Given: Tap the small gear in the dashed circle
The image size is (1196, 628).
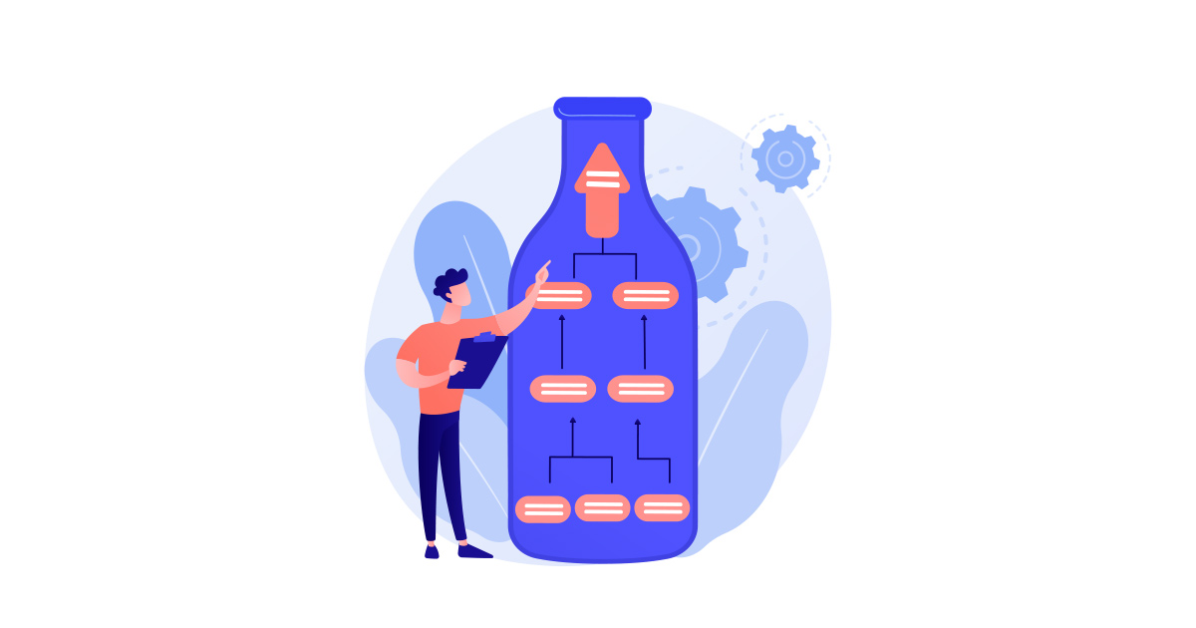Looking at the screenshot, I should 785,158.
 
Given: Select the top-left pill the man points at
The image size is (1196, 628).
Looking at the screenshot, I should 559,295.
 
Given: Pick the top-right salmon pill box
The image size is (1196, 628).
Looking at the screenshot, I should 645,295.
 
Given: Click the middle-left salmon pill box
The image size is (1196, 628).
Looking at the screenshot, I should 562,388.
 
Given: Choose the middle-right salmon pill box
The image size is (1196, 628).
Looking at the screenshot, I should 641,388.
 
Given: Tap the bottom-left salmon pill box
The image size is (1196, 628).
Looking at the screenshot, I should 543,509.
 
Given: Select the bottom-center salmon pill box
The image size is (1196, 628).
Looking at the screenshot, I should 603,507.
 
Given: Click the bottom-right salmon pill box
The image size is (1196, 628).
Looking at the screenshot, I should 662,507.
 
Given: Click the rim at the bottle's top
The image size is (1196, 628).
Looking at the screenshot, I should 602,107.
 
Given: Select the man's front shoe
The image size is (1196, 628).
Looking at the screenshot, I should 474,550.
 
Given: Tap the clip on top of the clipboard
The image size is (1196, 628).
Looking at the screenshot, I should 484,337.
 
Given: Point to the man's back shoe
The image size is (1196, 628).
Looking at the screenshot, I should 432,550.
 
